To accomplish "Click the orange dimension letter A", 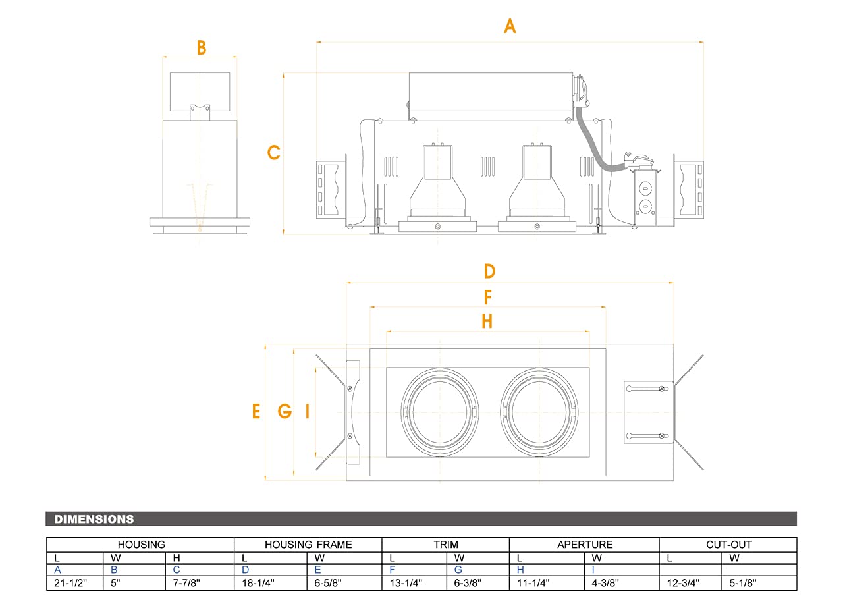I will (510, 26).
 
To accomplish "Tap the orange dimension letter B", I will (202, 48).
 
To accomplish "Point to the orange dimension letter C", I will (273, 153).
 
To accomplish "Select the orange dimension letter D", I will (489, 271).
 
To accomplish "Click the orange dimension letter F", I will (488, 298).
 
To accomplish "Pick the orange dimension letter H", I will (487, 321).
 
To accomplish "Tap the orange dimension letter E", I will (256, 412).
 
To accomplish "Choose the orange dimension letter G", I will (285, 412).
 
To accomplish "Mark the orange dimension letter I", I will (307, 412).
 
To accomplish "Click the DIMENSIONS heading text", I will (94, 519).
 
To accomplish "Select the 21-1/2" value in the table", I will (70, 583).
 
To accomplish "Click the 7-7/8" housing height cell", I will (186, 583).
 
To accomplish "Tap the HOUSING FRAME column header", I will (308, 545).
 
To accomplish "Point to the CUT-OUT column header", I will (728, 545).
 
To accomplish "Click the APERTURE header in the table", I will (585, 545).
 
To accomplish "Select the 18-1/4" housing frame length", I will (258, 583).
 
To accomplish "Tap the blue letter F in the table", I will (393, 570).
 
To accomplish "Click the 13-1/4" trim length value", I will (406, 583).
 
